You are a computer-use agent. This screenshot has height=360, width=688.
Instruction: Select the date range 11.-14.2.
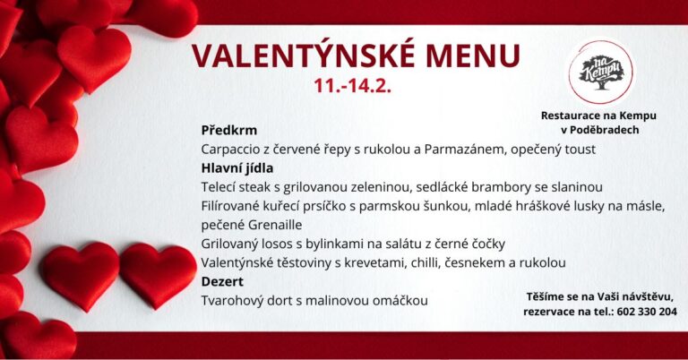(352, 85)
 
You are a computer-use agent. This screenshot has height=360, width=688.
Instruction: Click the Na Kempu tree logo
(601, 72)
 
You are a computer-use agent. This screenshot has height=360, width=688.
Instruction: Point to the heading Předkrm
(229, 130)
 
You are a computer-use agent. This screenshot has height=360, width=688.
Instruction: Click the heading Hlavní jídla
(237, 168)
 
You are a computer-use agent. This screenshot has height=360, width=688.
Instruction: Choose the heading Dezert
(222, 281)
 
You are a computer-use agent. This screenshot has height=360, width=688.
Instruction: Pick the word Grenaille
(275, 225)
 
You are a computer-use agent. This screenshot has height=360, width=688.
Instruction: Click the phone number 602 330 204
(647, 312)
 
